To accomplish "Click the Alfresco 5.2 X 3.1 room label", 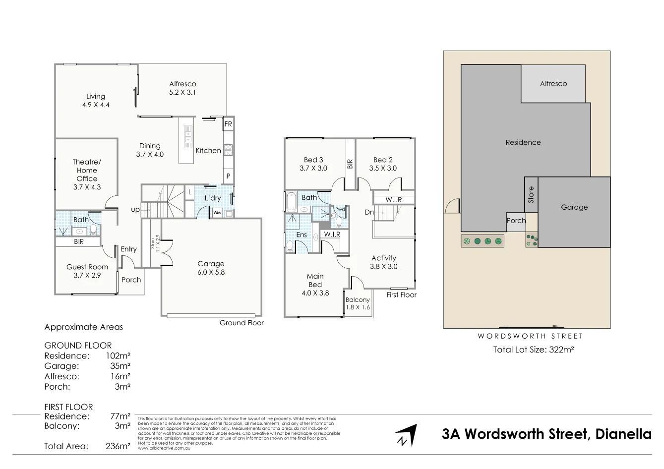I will [x=182, y=88].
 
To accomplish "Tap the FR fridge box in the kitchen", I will [x=228, y=124].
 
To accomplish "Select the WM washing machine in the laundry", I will [x=217, y=213].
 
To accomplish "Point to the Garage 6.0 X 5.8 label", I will [x=211, y=268].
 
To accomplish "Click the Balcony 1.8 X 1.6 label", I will [x=358, y=303].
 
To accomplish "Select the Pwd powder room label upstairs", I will [x=340, y=209].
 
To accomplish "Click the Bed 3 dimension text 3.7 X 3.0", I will [x=313, y=169].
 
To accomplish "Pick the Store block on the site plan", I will [x=531, y=195].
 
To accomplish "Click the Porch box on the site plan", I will [x=516, y=221].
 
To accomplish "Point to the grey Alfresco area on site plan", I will [x=553, y=84].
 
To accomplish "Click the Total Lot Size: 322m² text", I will [x=533, y=350].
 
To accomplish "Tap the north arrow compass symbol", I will [x=406, y=435].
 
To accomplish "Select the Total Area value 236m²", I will [x=118, y=446].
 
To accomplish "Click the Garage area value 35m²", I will [x=120, y=366].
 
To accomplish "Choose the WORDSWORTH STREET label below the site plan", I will [x=530, y=336].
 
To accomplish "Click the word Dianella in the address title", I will [x=623, y=434].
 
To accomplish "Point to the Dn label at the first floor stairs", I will [x=369, y=212].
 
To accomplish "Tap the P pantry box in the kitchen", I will [x=228, y=176].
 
